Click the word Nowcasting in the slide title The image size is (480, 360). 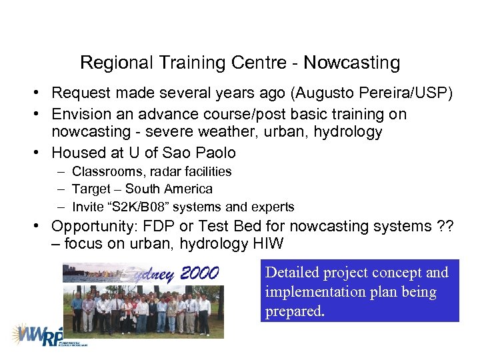pos(351,63)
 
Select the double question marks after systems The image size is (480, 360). pos(444,227)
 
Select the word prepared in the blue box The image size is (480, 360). pos(293,311)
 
